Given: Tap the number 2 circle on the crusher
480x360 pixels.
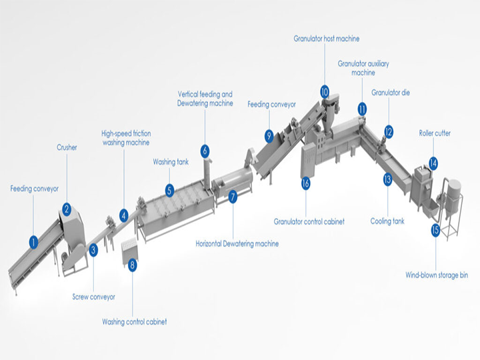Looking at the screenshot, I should pos(67,209).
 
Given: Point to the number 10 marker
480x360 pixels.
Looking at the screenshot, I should pos(325,91).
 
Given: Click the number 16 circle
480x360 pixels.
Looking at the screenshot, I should pos(306,182).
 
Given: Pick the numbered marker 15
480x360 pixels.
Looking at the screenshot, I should pos(435,231).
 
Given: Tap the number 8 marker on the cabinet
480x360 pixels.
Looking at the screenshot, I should pos(133,265).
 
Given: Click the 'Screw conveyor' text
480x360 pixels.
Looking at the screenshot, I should pos(93,297).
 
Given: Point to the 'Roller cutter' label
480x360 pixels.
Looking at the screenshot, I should pos(435,133).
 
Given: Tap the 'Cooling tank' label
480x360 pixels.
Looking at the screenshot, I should pos(387,221).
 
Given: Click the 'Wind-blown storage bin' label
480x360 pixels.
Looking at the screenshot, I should pos(437,275).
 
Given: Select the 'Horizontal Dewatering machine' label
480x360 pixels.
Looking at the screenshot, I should pos(237,244).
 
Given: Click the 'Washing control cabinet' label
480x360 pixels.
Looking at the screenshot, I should pos(134,322).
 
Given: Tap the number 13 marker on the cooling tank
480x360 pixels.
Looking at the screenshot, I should pos(387,179).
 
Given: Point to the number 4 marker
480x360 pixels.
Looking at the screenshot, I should pos(123,215).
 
